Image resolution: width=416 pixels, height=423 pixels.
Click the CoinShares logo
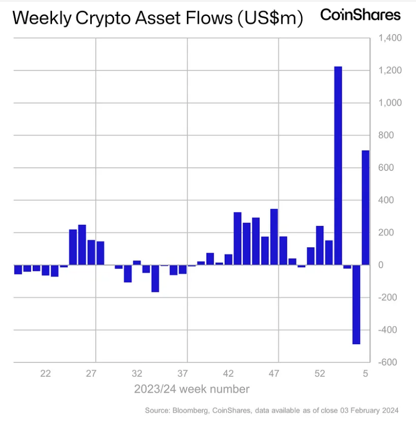(x=360, y=15)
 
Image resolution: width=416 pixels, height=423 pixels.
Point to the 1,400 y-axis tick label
(x=389, y=38)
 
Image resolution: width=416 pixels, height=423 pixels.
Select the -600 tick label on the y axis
(x=389, y=362)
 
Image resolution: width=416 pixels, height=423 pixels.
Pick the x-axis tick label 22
(x=45, y=374)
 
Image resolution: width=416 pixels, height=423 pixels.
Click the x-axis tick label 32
(x=137, y=374)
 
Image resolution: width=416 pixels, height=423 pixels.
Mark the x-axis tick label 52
(x=320, y=374)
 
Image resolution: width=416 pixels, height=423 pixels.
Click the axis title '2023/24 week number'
(x=192, y=389)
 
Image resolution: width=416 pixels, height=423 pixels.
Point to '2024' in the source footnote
(x=390, y=411)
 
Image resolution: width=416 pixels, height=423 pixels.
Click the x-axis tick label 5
(x=365, y=374)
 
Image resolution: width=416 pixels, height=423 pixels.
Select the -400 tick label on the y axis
(x=389, y=330)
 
